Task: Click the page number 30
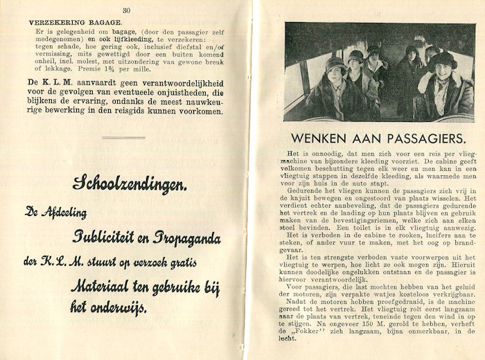127,10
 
